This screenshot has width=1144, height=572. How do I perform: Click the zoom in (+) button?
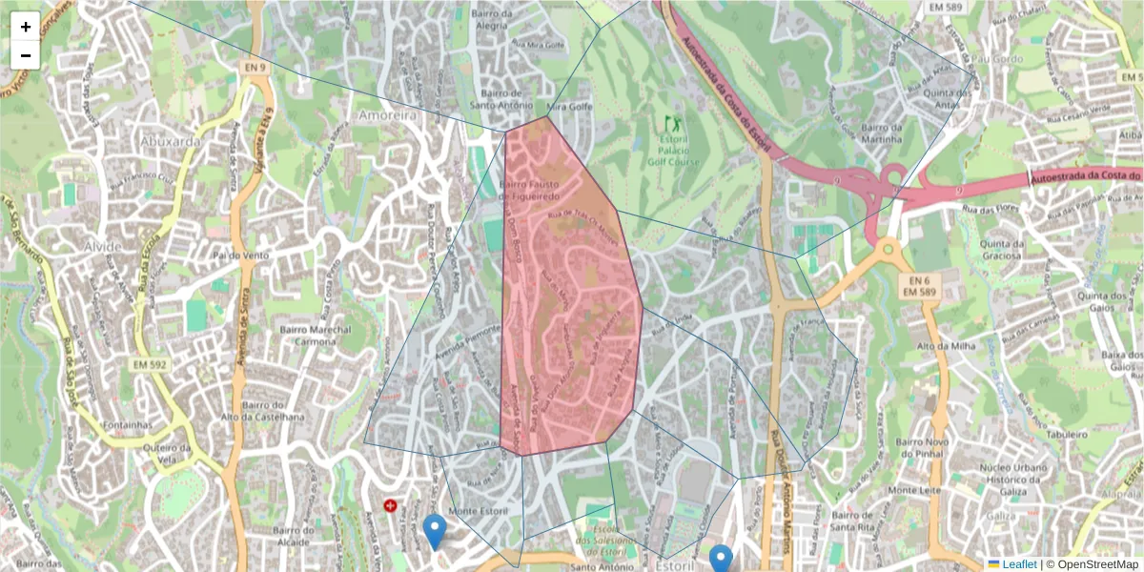tap(26, 27)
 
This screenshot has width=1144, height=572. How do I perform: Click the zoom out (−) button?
tap(26, 55)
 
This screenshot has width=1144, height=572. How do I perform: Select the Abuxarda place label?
tap(170, 140)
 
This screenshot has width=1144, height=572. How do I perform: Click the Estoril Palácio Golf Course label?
tap(673, 150)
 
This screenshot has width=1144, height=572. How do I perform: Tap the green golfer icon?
tap(674, 124)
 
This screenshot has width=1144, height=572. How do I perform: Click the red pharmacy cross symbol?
tap(390, 505)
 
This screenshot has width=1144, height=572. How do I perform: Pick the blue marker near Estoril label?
tap(721, 559)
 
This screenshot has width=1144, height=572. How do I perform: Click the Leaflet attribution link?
tap(1018, 564)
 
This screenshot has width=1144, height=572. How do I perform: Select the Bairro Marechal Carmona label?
tap(315, 336)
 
